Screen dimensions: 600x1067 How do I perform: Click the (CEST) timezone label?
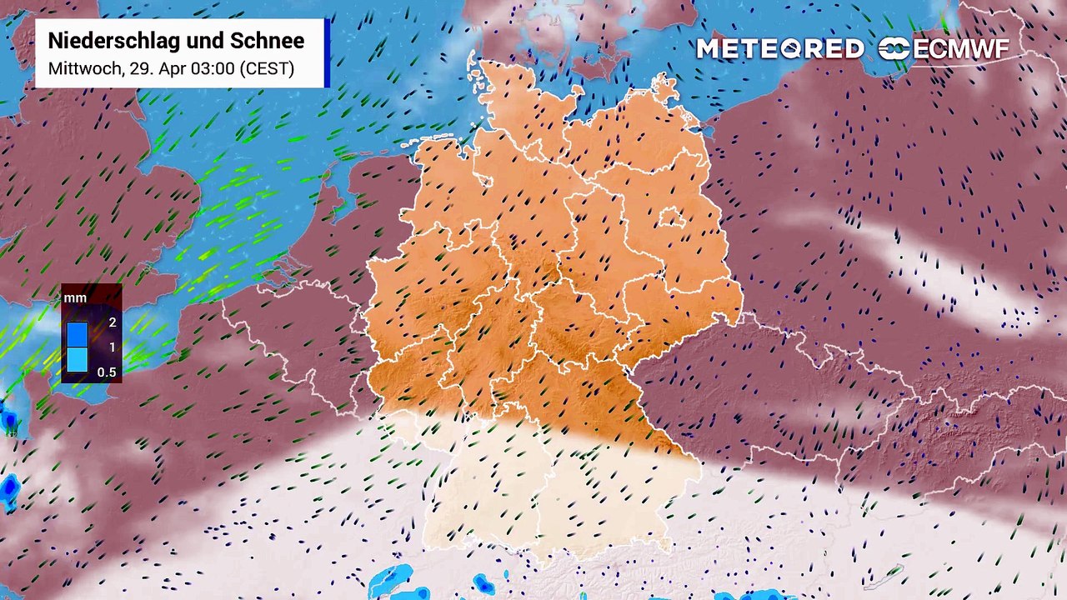[x=267, y=68]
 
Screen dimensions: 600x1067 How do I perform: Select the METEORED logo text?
[x=779, y=49]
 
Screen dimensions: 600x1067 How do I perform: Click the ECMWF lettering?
[x=960, y=49]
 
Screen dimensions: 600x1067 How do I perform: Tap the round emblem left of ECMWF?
[x=894, y=49]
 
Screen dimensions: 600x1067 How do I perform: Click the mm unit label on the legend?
[x=75, y=297]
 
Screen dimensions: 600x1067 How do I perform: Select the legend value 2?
[x=112, y=322]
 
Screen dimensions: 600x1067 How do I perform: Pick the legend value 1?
[x=112, y=347]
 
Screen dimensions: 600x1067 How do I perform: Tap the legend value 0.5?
[x=107, y=372]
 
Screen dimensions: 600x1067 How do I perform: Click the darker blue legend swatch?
[x=78, y=334]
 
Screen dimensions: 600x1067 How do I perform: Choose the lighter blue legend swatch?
[x=78, y=359]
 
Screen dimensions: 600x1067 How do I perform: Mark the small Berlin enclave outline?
[x=672, y=219]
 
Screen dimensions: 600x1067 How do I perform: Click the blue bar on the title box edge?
[x=327, y=52]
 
